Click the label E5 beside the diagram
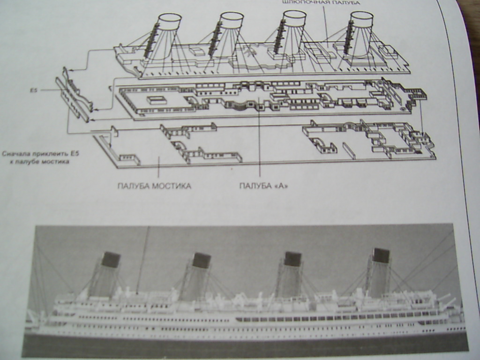click(x=33, y=90)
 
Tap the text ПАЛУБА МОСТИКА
click(x=154, y=186)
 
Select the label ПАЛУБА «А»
click(x=263, y=186)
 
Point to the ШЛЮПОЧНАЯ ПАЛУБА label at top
click(x=321, y=3)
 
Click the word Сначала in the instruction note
click(x=15, y=153)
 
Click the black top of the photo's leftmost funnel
click(x=111, y=260)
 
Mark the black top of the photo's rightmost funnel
click(x=381, y=255)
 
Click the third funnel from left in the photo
click(x=289, y=274)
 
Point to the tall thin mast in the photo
click(x=143, y=258)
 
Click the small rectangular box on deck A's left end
click(x=156, y=99)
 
